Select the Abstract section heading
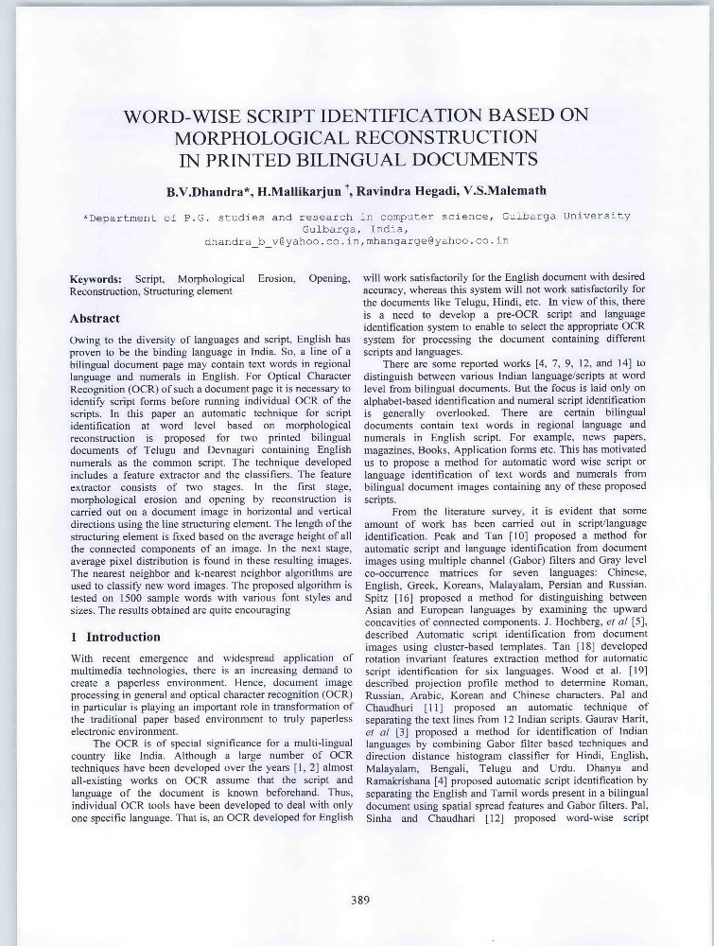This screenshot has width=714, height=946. point(96,319)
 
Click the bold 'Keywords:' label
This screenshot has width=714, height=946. point(96,280)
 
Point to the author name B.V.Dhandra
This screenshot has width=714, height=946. point(202,191)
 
